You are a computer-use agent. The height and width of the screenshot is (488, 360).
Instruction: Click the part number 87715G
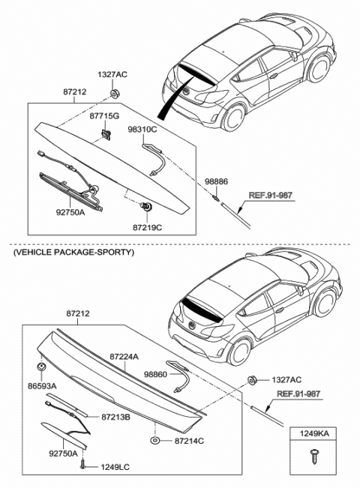coord(105,117)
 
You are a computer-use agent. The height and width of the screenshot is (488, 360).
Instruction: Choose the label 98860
coord(154,373)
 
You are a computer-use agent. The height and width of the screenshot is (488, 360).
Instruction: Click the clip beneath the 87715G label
coord(105,135)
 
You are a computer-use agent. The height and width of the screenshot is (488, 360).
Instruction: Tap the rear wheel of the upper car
coord(234,118)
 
